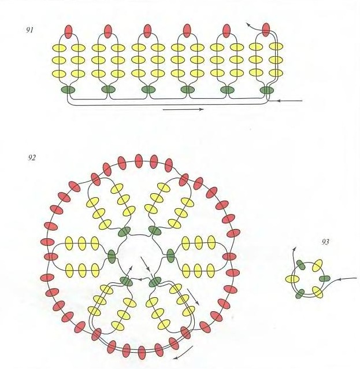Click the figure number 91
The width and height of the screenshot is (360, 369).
pos(29,30)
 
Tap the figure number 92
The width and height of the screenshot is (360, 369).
pos(32,157)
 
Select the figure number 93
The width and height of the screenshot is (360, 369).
pos(325,242)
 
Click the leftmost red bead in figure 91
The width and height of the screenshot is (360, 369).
pos(68,32)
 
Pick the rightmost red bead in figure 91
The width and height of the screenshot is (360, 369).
pos(266,29)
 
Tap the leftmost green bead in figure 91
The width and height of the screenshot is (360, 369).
pos(68,90)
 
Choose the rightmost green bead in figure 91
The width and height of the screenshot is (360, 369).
pos(267,90)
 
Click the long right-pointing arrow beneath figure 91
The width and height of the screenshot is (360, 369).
pos(183,109)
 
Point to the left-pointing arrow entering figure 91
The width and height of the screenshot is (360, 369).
pos(290,101)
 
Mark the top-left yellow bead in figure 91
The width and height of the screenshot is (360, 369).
pos(59,48)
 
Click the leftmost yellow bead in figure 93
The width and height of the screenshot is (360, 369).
pos(292,279)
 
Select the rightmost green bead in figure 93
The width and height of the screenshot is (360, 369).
pos(325,279)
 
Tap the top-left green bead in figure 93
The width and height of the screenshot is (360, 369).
pos(300,265)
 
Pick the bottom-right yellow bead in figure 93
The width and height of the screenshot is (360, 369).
pos(317,292)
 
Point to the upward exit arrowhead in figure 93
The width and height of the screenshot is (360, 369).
pos(294,249)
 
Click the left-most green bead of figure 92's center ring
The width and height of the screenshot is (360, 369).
pos(112,256)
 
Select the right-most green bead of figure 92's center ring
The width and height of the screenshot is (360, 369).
pos(170,256)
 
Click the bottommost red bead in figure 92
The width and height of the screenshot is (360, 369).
pos(142,353)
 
